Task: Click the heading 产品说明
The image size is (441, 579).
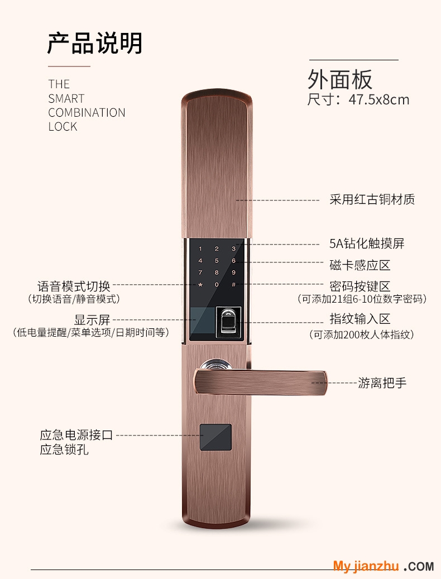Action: [95, 43]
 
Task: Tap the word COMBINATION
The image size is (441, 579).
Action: [87, 113]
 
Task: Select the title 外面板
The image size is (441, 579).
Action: [340, 79]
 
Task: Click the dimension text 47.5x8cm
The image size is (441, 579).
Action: [379, 100]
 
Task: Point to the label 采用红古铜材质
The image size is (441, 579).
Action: [372, 199]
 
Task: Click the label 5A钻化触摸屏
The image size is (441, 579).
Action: [367, 243]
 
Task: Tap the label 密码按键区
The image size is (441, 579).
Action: [360, 286]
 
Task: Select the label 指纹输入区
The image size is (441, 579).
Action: [360, 319]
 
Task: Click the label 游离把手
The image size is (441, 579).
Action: [382, 383]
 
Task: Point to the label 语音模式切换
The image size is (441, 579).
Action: [74, 286]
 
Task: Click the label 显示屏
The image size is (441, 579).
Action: [92, 320]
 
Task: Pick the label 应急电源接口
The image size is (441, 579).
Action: [76, 434]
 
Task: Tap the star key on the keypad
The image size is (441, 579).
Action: [200, 285]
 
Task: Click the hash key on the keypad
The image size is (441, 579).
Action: [233, 285]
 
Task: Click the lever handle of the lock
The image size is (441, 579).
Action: [261, 382]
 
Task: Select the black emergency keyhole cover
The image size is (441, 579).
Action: [216, 437]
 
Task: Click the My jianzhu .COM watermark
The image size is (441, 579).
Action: [384, 566]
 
